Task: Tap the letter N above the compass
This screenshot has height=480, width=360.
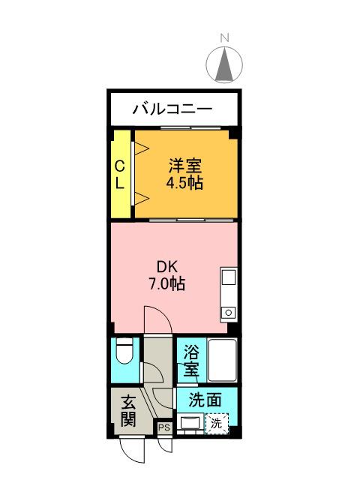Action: point(224,37)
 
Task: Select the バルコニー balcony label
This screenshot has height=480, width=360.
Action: point(173,109)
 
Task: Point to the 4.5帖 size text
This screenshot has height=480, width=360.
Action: point(184,183)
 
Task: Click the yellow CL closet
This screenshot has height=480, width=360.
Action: point(120,174)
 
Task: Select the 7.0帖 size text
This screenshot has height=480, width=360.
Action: point(166,284)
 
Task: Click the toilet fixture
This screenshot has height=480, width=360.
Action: point(124,349)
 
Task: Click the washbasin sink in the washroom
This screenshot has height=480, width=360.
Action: point(188,424)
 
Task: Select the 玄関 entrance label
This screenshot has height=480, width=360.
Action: point(128,411)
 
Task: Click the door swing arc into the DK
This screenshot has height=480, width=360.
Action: point(158,321)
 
